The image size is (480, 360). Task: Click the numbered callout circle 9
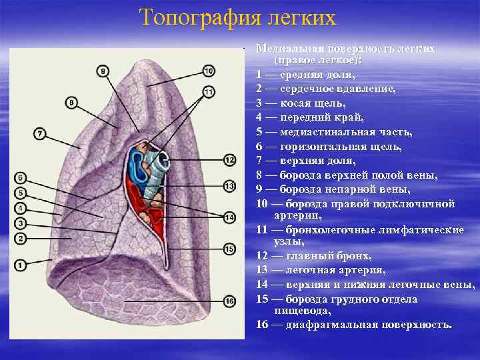(103, 70)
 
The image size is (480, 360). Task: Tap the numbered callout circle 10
(208, 71)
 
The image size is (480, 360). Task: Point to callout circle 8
(72, 103)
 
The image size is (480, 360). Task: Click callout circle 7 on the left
(40, 134)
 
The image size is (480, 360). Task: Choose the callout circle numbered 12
(229, 160)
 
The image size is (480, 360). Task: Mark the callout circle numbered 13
(229, 186)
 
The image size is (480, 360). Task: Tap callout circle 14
(229, 217)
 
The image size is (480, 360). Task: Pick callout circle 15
(229, 249)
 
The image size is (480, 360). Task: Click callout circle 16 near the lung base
(229, 301)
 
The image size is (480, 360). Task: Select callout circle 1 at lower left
(20, 265)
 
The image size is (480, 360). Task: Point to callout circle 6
(20, 177)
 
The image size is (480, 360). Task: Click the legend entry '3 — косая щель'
(300, 103)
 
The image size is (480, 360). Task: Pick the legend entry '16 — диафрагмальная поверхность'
(353, 325)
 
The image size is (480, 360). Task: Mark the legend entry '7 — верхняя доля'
(307, 161)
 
